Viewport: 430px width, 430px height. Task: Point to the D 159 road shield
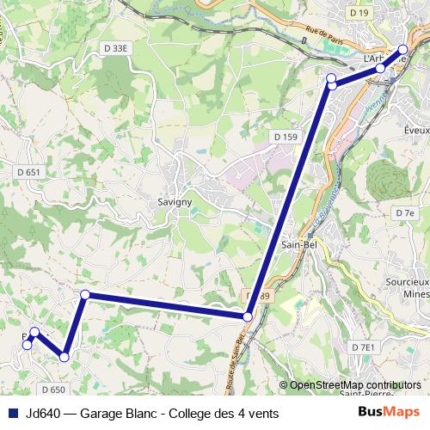click(286, 137)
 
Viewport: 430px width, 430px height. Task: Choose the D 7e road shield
click(405, 212)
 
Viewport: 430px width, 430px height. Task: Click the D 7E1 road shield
click(364, 347)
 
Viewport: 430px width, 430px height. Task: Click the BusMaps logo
click(388, 413)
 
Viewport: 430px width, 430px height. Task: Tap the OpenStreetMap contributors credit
click(355, 385)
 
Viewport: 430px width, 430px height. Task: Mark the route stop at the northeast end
click(402, 49)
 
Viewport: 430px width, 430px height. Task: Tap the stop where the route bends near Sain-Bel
click(248, 317)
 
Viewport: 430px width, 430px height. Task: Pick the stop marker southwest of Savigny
click(84, 295)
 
